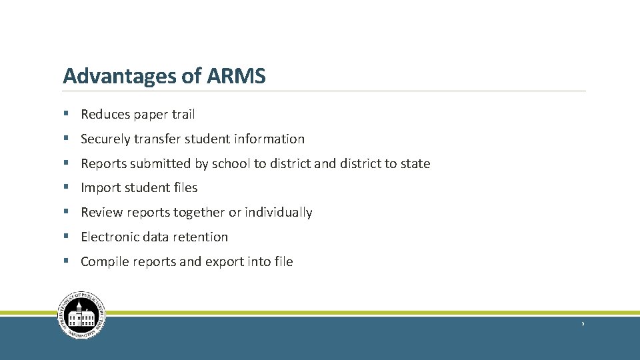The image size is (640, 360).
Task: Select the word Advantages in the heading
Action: (x=119, y=77)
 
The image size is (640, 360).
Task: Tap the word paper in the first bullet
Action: (x=151, y=115)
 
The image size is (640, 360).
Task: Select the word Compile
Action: (x=104, y=261)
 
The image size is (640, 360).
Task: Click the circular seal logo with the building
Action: (x=83, y=315)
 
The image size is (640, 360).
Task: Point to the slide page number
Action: (x=583, y=324)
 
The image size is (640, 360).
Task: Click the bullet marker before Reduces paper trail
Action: (x=67, y=115)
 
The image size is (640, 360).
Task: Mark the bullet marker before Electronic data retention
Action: (x=67, y=237)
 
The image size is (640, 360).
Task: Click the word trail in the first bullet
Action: (x=183, y=115)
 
